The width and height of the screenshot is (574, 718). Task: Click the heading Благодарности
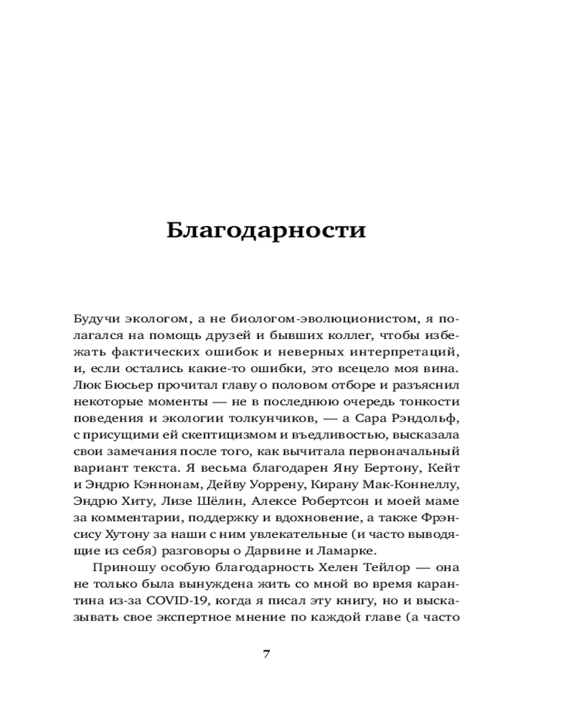click(x=266, y=230)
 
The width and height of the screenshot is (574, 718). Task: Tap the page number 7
click(x=266, y=653)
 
